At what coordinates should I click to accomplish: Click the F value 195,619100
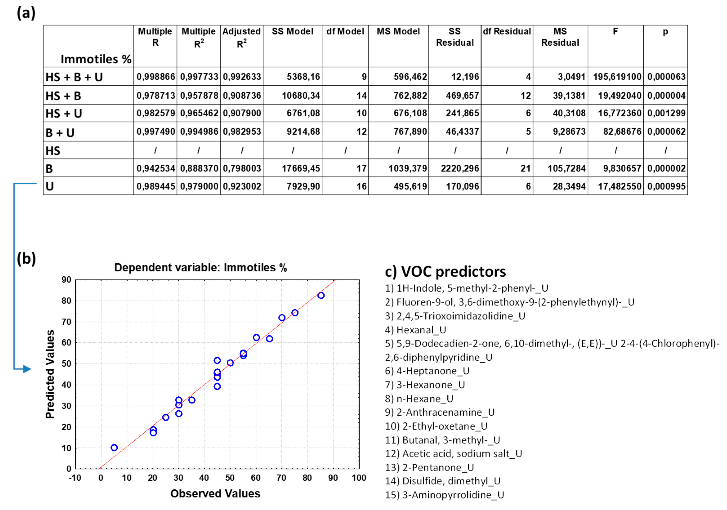pyautogui.click(x=617, y=77)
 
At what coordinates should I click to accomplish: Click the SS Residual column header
pyautogui.click(x=455, y=37)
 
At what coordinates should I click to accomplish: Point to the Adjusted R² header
pyautogui.click(x=242, y=37)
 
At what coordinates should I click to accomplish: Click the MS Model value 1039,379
pyautogui.click(x=408, y=168)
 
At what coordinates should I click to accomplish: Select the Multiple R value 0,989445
pyautogui.click(x=156, y=186)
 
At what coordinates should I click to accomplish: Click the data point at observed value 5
pyautogui.click(x=114, y=447)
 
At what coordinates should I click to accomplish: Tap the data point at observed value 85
pyautogui.click(x=321, y=295)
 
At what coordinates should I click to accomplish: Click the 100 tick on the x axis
pyautogui.click(x=359, y=478)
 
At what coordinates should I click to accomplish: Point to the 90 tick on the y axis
pyautogui.click(x=67, y=280)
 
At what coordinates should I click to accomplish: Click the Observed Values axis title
pyautogui.click(x=215, y=494)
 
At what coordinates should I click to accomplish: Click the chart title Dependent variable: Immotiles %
pyautogui.click(x=201, y=268)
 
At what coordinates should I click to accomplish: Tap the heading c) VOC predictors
pyautogui.click(x=445, y=271)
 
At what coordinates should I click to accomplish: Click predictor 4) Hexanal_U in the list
pyautogui.click(x=415, y=330)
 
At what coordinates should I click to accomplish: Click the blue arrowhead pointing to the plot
pyautogui.click(x=27, y=369)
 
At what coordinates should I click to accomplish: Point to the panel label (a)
pyautogui.click(x=26, y=13)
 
